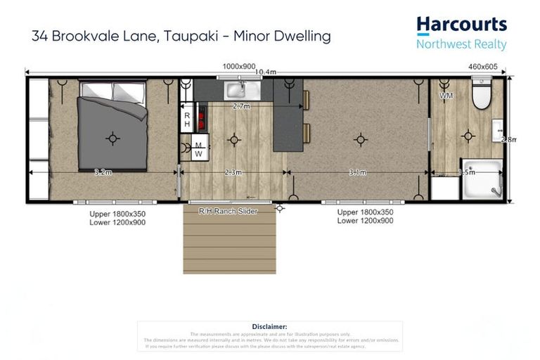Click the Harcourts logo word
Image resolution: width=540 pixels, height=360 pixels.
pyautogui.click(x=461, y=25)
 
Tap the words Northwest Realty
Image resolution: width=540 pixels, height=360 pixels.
pyautogui.click(x=461, y=44)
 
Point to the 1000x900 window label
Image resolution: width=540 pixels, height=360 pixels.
pyautogui.click(x=238, y=66)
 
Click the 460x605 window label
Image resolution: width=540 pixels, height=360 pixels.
pyautogui.click(x=483, y=66)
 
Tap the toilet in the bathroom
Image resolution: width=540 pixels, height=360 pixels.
pyautogui.click(x=482, y=95)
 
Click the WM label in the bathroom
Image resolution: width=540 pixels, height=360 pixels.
pyautogui.click(x=446, y=95)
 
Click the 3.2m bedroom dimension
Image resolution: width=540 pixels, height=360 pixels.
pyautogui.click(x=103, y=172)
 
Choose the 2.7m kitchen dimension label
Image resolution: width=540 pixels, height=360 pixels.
pyautogui.click(x=241, y=107)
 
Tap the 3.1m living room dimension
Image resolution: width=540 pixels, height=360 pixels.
pyautogui.click(x=359, y=172)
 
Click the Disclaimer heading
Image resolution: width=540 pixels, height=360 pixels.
pyautogui.click(x=269, y=326)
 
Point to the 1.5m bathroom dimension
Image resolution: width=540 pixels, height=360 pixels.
pyautogui.click(x=467, y=172)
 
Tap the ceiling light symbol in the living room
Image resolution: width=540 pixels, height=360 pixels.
pyautogui.click(x=360, y=140)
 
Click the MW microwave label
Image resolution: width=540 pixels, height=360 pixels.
pyautogui.click(x=198, y=150)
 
